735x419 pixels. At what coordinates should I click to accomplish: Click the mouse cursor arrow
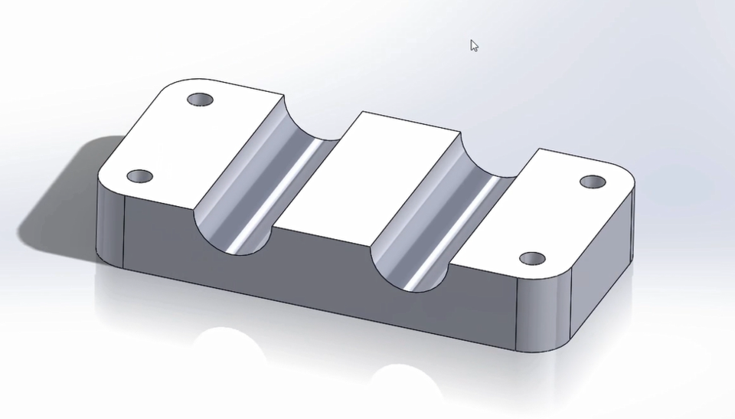474,46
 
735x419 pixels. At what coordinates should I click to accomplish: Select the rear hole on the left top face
201,100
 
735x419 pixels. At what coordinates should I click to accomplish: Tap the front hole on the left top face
139,177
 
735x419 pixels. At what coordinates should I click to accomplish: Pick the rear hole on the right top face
592,182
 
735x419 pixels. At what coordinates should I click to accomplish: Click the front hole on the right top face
532,259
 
